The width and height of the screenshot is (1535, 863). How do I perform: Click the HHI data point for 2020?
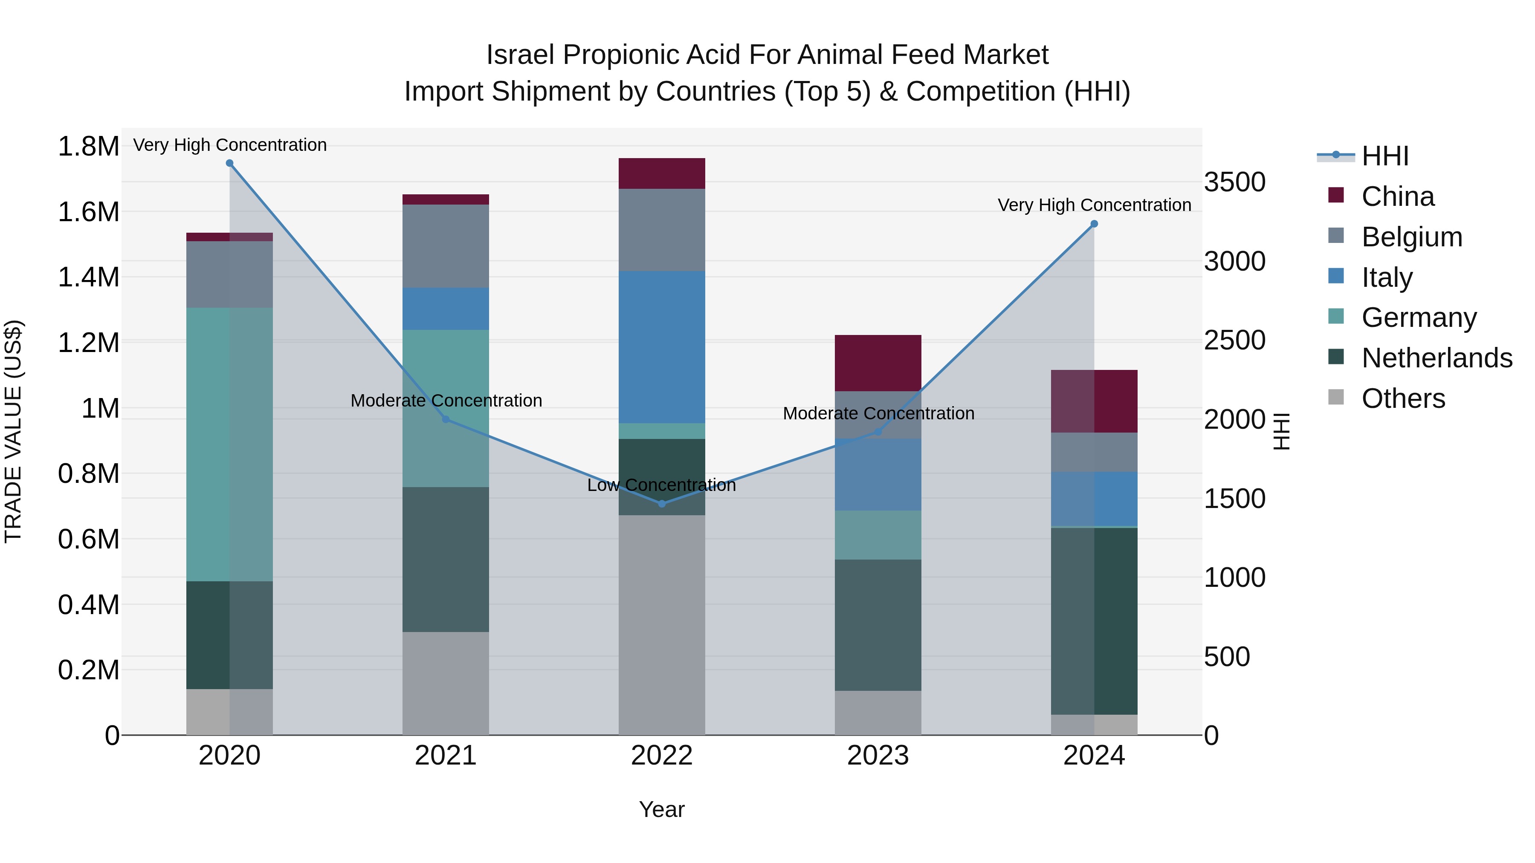point(229,163)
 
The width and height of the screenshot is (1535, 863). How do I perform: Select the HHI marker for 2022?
point(661,504)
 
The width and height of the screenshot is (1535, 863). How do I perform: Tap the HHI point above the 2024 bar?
point(1094,224)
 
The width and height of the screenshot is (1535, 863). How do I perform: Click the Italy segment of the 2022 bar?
point(661,347)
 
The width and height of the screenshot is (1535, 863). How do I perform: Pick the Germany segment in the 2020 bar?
point(229,444)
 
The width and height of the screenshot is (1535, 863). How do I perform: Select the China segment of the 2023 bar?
point(878,363)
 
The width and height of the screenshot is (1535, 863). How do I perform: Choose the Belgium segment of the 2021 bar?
point(446,246)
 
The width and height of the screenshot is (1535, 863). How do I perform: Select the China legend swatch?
point(1337,195)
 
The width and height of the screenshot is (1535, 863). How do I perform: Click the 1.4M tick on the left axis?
point(88,277)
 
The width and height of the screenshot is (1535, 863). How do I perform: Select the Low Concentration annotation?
point(661,485)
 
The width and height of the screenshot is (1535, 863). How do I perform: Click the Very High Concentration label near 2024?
point(1094,205)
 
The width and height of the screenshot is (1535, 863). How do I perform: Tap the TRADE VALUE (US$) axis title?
point(13,431)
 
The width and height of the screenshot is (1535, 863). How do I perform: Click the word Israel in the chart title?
point(520,55)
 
